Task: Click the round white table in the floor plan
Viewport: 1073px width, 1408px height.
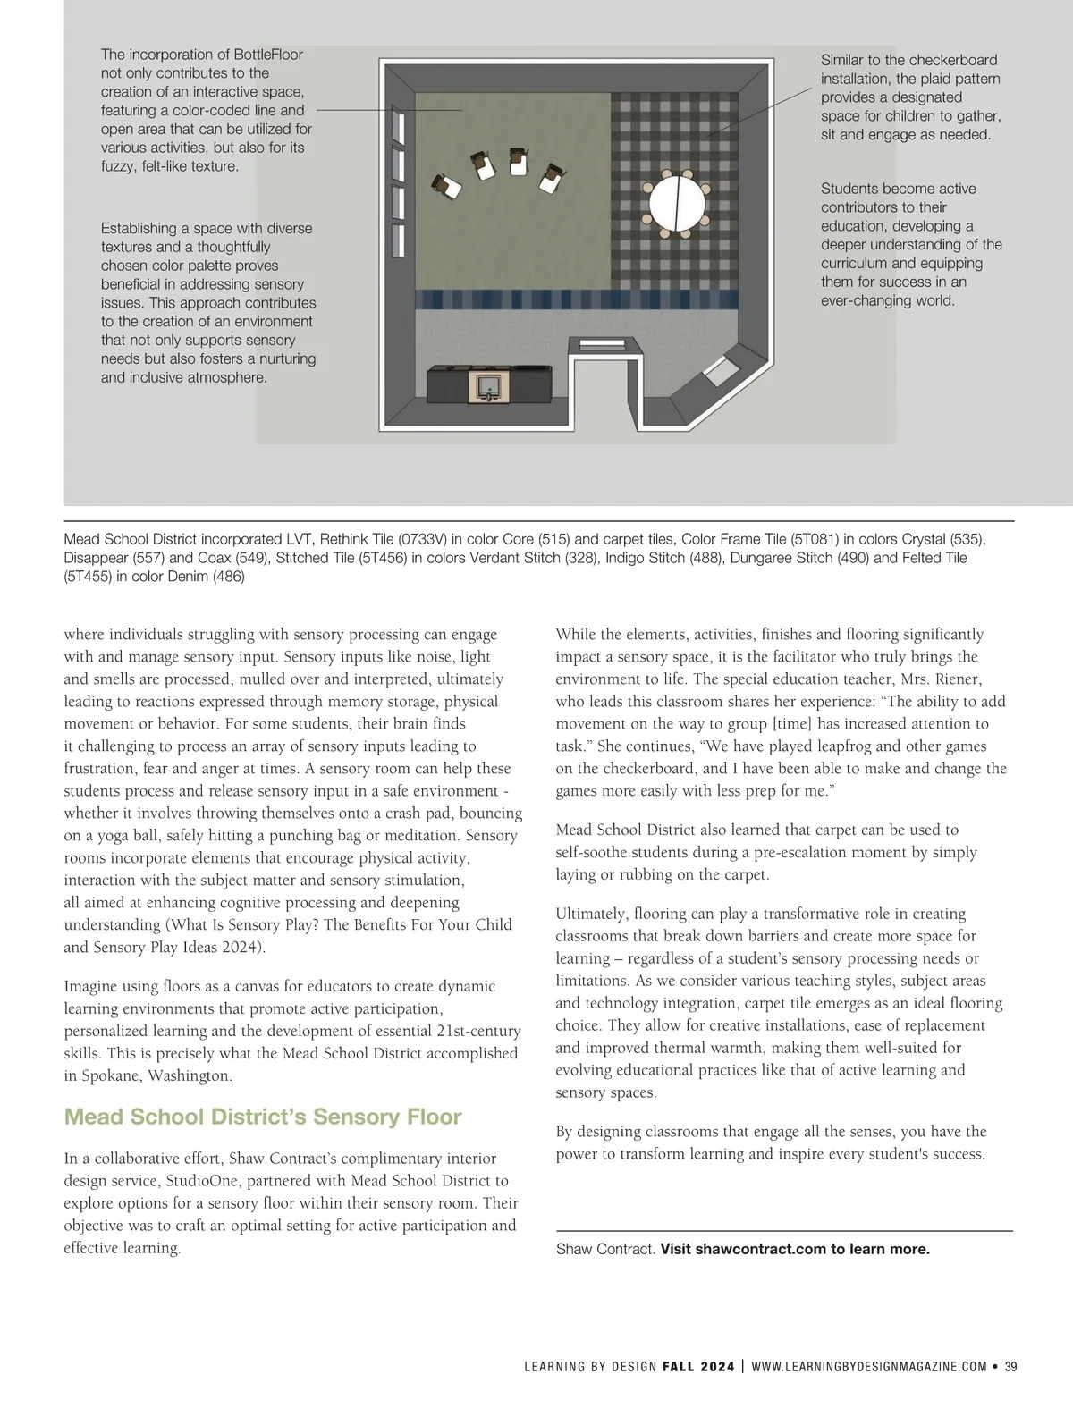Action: point(677,203)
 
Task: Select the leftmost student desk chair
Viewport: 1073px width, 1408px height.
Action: point(446,185)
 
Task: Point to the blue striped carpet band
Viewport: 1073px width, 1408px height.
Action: point(578,298)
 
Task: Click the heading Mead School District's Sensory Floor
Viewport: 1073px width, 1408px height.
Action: point(263,1117)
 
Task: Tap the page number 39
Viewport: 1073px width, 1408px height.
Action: point(1011,1366)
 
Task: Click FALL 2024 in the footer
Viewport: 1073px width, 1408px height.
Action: point(698,1366)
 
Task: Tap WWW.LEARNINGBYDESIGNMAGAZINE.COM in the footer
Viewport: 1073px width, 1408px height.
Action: point(870,1366)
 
